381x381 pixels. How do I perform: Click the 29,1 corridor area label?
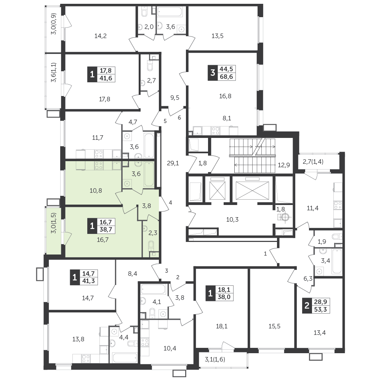173,163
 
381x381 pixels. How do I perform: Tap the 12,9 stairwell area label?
284,165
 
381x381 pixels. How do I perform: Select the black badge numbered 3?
213,73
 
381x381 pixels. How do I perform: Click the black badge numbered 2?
307,306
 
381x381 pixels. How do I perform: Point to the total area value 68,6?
226,77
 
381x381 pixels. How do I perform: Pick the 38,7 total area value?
106,230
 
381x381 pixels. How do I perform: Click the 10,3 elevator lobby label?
232,220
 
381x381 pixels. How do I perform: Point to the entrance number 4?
171,202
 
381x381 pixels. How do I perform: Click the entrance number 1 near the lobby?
265,254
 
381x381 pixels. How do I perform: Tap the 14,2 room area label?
100,36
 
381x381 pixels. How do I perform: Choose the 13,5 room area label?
218,36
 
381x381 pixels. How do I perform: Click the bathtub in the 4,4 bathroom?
125,357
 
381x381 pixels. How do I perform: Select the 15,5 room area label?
275,326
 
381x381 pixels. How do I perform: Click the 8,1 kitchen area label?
227,118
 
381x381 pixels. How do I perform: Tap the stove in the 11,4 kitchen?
338,205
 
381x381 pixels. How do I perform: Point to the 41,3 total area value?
88,281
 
